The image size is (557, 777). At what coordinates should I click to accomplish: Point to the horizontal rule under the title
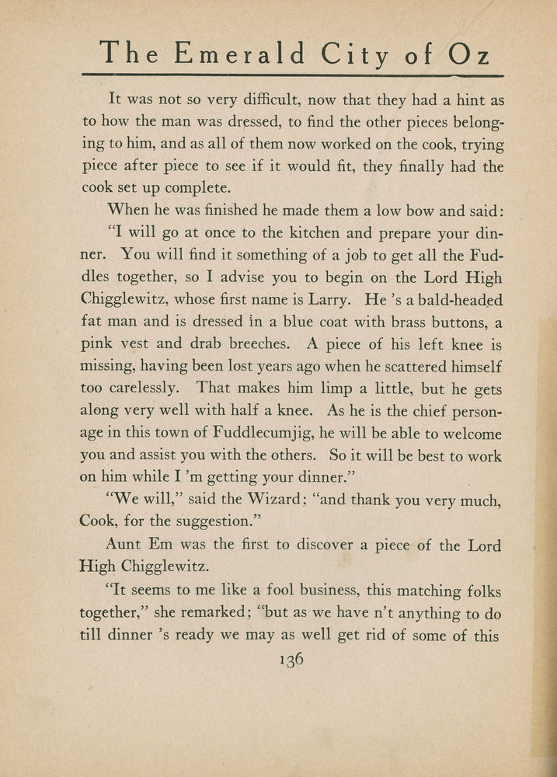292,75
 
